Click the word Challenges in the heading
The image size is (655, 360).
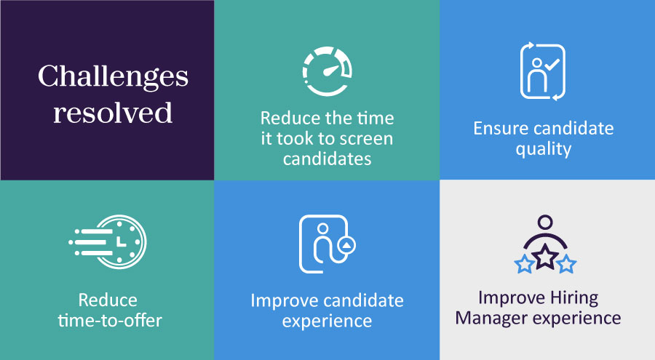click(x=114, y=78)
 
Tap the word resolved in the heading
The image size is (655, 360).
click(x=113, y=112)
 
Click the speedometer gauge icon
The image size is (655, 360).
click(x=327, y=71)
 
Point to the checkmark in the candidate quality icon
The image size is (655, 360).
click(x=552, y=64)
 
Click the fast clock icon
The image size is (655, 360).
click(x=108, y=241)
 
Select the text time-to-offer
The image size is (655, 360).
click(x=110, y=321)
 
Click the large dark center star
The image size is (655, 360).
click(x=544, y=257)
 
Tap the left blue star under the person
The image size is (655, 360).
click(x=524, y=264)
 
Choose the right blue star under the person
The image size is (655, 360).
click(x=566, y=264)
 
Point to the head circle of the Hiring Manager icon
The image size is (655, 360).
click(x=545, y=222)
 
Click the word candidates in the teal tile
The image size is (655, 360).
click(x=327, y=159)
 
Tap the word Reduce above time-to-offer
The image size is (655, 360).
click(x=108, y=300)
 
